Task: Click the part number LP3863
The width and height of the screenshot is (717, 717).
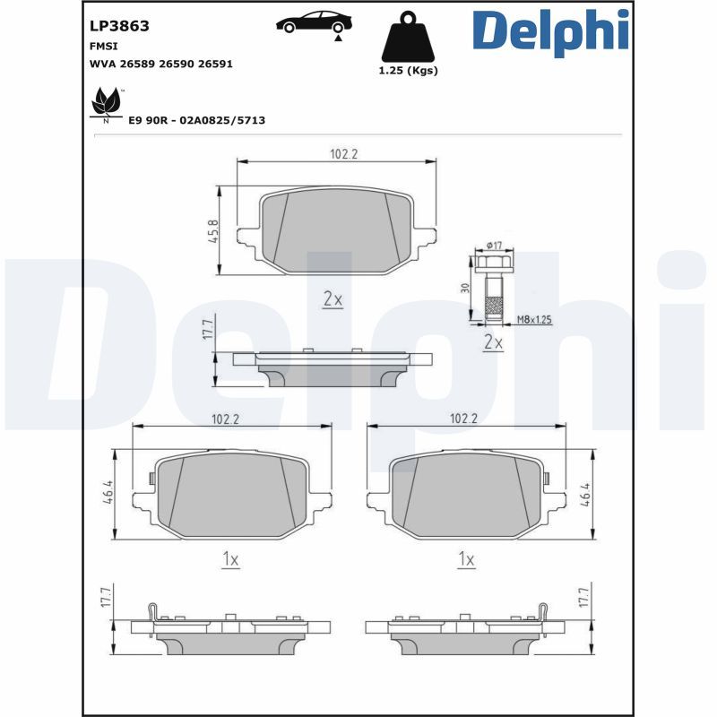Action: click(119, 26)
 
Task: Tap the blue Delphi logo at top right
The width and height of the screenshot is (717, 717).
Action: click(550, 32)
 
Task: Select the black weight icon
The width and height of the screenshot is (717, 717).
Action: click(408, 38)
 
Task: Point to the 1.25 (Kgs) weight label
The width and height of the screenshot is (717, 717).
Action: click(408, 71)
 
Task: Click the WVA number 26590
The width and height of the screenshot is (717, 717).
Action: click(176, 64)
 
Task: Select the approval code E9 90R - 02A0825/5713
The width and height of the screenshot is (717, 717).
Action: click(196, 120)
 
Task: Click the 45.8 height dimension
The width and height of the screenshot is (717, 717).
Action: click(214, 231)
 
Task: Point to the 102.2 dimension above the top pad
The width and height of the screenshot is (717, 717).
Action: click(344, 154)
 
